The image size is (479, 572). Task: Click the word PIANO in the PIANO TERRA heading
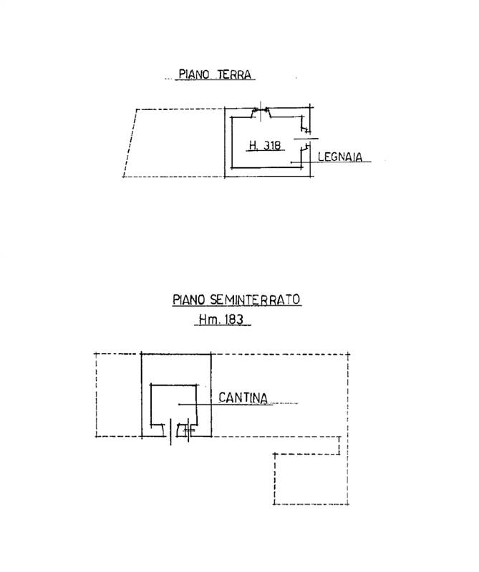pos(193,74)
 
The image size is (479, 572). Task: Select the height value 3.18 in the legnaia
pos(272,146)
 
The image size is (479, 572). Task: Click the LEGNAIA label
pos(340,157)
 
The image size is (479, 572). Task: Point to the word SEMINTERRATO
pos(256,300)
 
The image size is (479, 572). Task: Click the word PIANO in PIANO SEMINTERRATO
pos(188,300)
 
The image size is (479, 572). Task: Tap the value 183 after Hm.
pos(234,320)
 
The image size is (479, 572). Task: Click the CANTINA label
pos(243,398)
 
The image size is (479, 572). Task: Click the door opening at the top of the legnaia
pos(261,112)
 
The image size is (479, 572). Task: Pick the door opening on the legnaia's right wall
pos(305,138)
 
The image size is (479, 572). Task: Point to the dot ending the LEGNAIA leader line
pos(291,162)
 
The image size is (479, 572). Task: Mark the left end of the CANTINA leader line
pos(179,404)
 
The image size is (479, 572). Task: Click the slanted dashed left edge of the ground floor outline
pos(130,143)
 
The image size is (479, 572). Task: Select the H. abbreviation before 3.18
pos(253,146)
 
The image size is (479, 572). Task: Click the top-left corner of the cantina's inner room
pos(151,385)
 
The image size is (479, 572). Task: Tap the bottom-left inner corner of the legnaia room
pos(232,168)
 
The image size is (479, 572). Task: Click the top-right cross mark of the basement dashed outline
pos(348,354)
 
